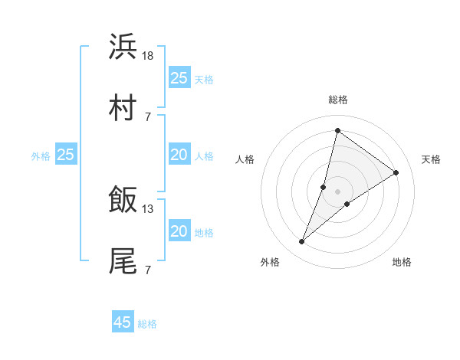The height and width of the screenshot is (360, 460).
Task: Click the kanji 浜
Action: [123, 47]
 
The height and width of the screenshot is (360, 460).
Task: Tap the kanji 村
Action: [123, 108]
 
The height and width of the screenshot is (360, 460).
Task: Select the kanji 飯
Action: [123, 200]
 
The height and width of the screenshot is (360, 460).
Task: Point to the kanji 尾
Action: [123, 261]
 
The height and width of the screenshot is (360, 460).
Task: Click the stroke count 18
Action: [148, 55]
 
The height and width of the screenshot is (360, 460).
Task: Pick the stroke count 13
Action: [148, 208]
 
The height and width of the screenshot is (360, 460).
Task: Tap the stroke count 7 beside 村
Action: [147, 116]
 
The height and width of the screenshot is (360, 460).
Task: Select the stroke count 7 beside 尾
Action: [147, 270]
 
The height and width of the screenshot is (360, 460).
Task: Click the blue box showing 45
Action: [123, 322]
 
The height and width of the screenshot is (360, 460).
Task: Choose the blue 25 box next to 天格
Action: [179, 77]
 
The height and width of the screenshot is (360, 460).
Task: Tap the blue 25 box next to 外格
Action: [66, 155]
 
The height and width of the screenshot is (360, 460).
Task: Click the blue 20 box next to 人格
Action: [179, 155]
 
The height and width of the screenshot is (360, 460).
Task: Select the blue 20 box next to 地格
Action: [179, 231]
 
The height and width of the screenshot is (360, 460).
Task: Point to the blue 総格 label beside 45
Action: [147, 324]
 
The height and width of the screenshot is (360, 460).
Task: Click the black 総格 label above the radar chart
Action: [337, 100]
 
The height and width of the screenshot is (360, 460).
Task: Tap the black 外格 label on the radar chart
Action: [270, 262]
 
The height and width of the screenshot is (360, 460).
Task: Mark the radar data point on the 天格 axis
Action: [396, 172]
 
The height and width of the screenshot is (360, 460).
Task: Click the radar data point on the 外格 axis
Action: [302, 242]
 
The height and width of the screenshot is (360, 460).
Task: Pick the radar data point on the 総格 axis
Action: [337, 130]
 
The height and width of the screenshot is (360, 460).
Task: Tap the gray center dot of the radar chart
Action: [337, 191]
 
